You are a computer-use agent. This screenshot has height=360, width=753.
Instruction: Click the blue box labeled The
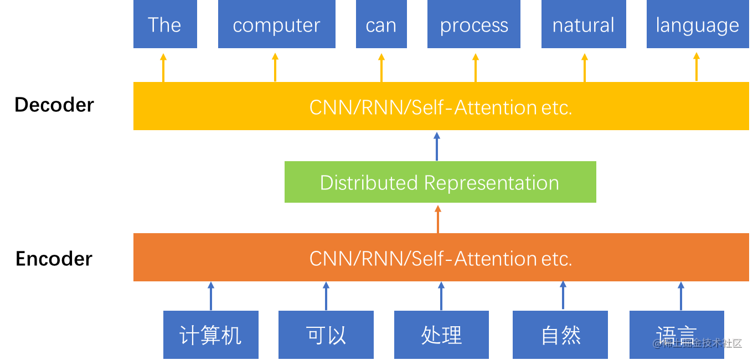[x=165, y=24]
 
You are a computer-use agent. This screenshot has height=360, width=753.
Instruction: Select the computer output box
[x=276, y=24]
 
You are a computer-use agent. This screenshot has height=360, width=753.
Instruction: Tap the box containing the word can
[x=381, y=24]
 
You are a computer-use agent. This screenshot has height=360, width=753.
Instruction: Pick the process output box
[x=474, y=24]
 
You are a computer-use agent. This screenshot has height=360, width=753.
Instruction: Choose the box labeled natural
[x=584, y=24]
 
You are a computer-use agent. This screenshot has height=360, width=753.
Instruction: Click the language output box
[x=697, y=24]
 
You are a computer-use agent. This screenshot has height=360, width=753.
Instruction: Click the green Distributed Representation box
[x=440, y=182]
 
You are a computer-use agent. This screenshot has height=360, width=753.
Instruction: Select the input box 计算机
[x=210, y=335]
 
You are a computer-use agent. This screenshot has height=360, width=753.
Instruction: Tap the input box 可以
[x=326, y=335]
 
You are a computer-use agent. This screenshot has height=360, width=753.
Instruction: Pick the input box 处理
[x=441, y=335]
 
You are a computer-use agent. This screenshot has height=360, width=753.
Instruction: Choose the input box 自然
[x=560, y=335]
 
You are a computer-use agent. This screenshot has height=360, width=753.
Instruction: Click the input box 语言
[x=677, y=335]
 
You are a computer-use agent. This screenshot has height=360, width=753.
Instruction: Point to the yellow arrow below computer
[x=275, y=68]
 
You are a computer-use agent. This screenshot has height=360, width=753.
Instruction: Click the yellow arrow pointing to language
[x=697, y=68]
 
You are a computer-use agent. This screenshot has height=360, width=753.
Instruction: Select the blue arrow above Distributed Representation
[x=437, y=147]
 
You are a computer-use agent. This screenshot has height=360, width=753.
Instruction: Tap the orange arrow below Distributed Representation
[x=438, y=219]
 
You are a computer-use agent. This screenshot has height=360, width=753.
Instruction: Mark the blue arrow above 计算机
[x=210, y=296]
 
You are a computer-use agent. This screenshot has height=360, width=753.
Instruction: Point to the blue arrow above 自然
[x=563, y=296]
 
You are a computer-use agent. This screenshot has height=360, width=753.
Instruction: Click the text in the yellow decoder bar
[x=440, y=107]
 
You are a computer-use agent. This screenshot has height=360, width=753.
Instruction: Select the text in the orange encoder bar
[x=440, y=258]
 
